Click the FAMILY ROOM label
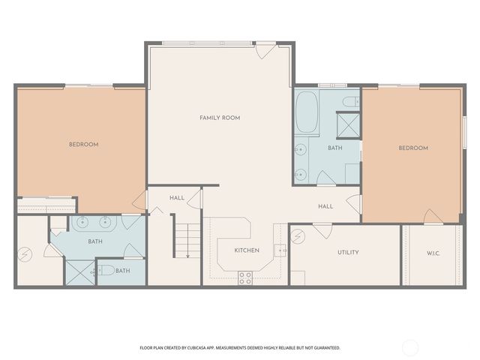tap(220, 118)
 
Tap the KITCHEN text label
tap(247, 250)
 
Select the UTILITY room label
tap(348, 252)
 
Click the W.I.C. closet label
tap(433, 253)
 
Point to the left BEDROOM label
tap(83, 144)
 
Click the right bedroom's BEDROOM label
tap(412, 148)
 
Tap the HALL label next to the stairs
tap(177, 198)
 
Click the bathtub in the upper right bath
tap(306, 112)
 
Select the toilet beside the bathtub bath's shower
tap(349, 100)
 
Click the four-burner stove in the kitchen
tap(245, 277)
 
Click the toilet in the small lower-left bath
tap(105, 270)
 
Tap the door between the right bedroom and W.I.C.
tap(433, 217)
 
